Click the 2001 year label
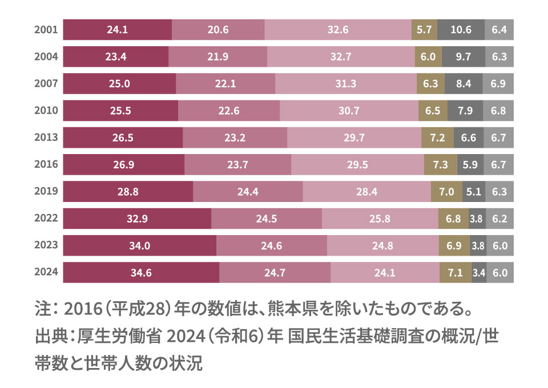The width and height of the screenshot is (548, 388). tap(46, 30)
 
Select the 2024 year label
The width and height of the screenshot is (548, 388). tap(46, 273)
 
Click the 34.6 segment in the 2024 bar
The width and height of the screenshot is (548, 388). tap(140, 273)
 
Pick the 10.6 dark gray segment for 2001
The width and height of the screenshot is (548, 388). tap(461, 30)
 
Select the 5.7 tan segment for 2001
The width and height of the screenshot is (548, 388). tap(424, 30)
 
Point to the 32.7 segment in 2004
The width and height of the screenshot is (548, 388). tap(341, 56)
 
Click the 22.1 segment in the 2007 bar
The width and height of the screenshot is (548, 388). tap(225, 84)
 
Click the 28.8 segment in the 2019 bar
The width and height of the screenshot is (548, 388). tap(128, 192)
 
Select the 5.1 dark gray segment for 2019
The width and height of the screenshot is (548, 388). tap(473, 192)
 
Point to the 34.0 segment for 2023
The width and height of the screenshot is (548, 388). tap(139, 246)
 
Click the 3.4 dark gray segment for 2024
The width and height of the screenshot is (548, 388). tap(479, 273)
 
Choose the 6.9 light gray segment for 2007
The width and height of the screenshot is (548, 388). tap(498, 84)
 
